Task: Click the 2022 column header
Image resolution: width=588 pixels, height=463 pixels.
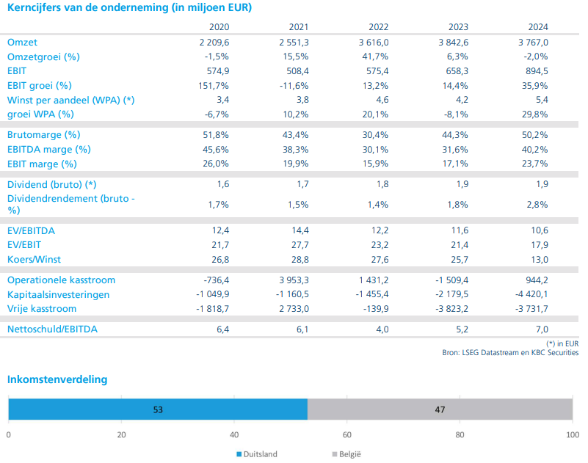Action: tap(378, 27)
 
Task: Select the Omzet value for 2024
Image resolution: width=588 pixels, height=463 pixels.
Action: tap(533, 43)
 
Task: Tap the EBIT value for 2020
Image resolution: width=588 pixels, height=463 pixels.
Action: tap(218, 71)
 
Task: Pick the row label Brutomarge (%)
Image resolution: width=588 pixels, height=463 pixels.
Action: tap(43, 135)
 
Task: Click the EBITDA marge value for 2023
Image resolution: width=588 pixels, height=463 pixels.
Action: tap(455, 149)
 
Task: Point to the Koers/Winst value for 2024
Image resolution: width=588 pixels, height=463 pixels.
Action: tap(540, 260)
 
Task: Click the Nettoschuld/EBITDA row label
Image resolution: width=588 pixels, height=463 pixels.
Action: tap(52, 329)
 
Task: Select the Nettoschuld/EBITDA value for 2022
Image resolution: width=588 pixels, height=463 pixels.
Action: tap(382, 329)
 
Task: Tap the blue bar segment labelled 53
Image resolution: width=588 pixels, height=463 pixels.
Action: tap(158, 409)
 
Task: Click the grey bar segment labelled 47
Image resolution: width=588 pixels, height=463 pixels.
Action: tap(440, 409)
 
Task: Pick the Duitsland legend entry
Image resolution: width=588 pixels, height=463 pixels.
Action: tap(257, 454)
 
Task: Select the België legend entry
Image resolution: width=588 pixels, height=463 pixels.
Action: tap(346, 454)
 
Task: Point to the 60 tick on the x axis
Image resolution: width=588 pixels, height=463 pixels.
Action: tap(347, 435)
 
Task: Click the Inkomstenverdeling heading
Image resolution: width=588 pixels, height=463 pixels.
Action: tap(57, 379)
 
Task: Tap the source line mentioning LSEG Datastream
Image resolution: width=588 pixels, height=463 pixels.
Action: tap(510, 353)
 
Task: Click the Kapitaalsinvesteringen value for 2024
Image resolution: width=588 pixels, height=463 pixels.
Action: tap(531, 294)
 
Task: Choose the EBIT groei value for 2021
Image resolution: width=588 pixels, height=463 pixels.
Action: tap(294, 86)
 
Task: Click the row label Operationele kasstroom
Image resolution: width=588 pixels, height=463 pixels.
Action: tap(61, 280)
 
